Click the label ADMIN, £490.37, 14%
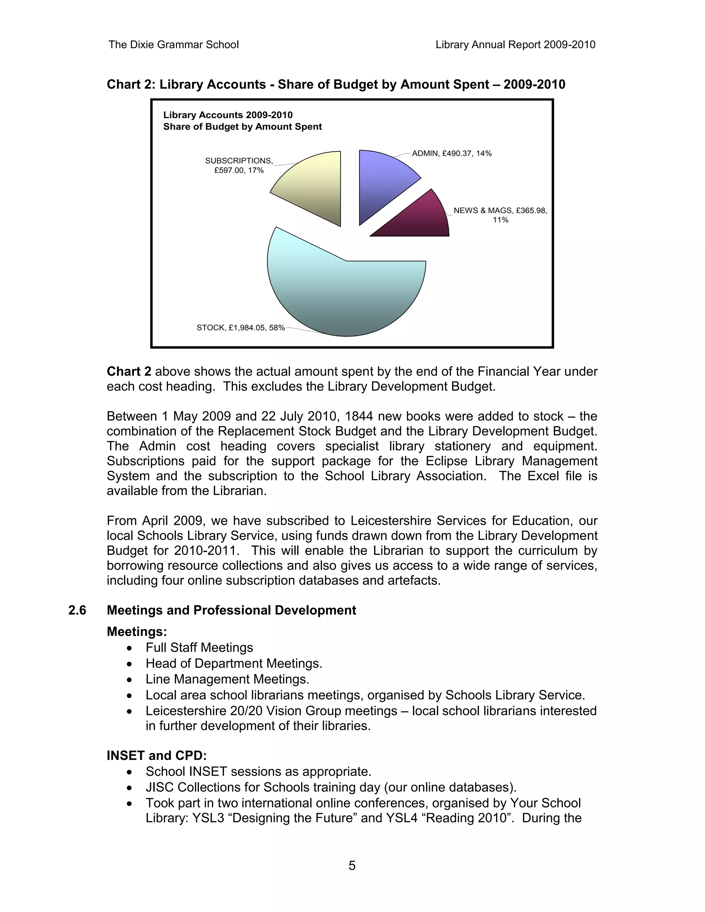[x=452, y=153]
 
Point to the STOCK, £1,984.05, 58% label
[x=241, y=328]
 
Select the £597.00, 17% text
[x=239, y=170]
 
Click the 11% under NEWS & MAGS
[x=500, y=220]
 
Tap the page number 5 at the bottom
[x=352, y=866]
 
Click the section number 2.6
[x=77, y=611]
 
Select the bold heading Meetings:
[x=137, y=632]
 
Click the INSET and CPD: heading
[x=157, y=756]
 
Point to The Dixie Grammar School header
[x=174, y=45]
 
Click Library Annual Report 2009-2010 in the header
[x=515, y=45]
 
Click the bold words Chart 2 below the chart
[x=129, y=372]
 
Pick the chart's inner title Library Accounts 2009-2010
[x=228, y=115]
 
